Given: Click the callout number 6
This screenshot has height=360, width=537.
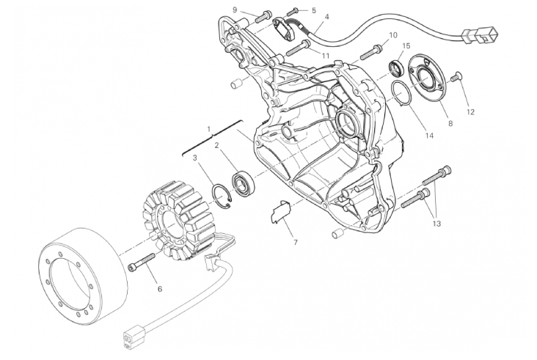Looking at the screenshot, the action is pos(160,289).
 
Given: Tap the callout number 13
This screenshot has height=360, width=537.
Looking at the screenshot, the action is pos(436,224).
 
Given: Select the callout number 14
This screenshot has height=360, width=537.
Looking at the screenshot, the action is pos(429,136).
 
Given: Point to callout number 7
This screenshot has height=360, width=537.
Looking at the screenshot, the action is pos(295,243).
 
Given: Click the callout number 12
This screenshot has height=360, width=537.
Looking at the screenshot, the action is pos(470,112).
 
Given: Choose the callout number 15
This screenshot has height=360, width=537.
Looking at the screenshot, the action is pos(406,46).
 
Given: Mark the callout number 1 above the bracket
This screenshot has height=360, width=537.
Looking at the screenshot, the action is pos(208,129).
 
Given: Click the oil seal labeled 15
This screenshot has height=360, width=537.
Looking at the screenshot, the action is pos(397,67).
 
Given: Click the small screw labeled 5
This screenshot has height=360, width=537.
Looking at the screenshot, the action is pos(292,11).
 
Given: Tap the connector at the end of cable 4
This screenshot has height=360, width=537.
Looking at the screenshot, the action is pos(481,35).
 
